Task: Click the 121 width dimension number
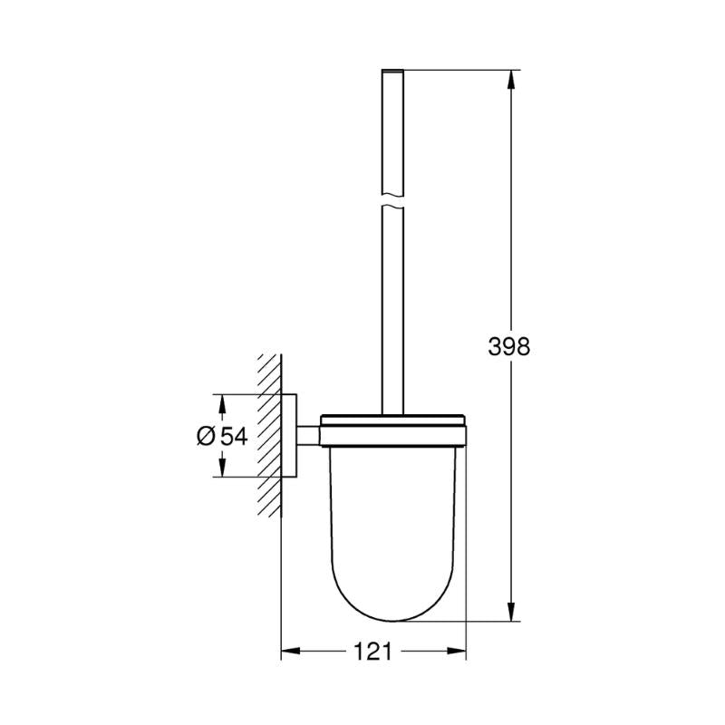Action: coord(372,651)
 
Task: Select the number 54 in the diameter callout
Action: coord(233,436)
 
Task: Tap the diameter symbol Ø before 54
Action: coord(206,436)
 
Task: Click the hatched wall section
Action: coord(269,435)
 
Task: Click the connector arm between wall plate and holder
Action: coord(308,435)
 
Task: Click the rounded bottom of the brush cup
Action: coord(391,612)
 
